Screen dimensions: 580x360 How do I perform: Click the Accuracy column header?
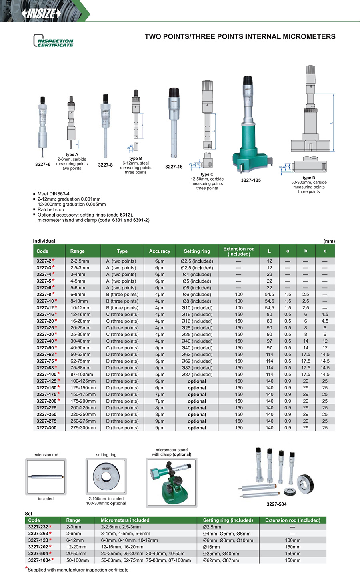click(x=160, y=251)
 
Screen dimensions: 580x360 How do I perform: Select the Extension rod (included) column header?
click(x=239, y=251)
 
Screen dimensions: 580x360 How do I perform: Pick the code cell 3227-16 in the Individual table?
click(x=45, y=315)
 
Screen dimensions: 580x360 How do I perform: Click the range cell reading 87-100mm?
click(x=82, y=375)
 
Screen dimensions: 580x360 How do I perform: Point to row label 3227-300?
click(x=46, y=428)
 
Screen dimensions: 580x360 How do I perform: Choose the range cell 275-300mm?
click(x=83, y=428)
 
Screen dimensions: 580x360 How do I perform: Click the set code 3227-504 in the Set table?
click(x=38, y=554)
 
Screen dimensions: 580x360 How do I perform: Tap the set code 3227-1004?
click(x=39, y=560)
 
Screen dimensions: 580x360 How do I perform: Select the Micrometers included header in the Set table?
click(x=125, y=520)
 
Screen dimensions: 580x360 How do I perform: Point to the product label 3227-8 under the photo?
click(x=105, y=165)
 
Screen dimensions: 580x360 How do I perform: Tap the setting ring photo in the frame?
click(x=106, y=476)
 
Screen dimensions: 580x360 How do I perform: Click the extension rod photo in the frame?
click(x=46, y=477)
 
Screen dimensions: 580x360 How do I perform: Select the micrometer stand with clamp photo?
click(x=172, y=482)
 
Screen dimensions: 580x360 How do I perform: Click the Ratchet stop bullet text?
click(x=51, y=209)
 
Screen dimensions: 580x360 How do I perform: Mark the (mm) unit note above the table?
click(x=329, y=241)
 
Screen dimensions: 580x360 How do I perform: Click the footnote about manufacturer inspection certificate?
click(x=78, y=570)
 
